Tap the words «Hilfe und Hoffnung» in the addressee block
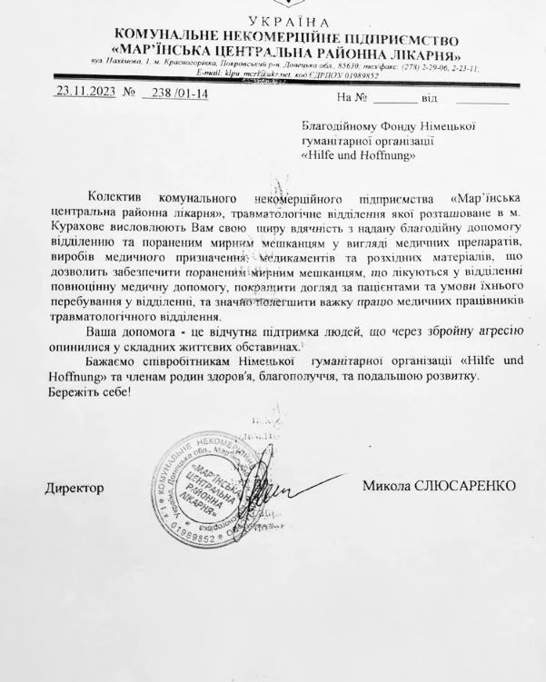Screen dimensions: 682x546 359,155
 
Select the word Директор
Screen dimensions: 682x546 74,488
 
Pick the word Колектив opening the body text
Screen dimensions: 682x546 119,198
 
